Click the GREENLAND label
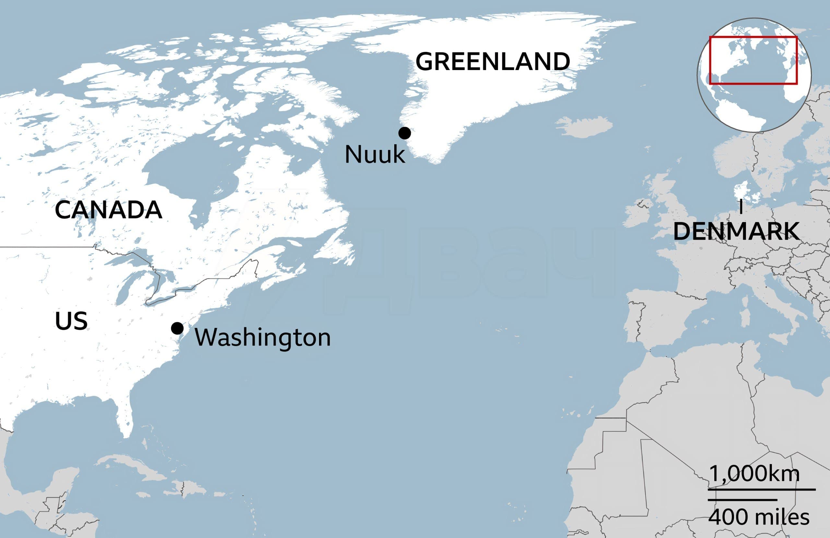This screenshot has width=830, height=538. (492, 61)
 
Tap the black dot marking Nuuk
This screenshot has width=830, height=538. (405, 133)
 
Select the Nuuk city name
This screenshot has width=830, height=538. (375, 155)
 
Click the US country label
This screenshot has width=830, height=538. (71, 321)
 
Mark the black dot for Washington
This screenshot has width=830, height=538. (177, 328)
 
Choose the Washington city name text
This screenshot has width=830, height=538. (262, 338)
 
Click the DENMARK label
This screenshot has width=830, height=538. (736, 231)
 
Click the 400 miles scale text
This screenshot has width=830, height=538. (758, 517)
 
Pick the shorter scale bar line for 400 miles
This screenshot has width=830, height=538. (742, 500)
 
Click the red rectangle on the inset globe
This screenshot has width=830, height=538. (753, 37)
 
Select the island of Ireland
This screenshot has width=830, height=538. (636, 215)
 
